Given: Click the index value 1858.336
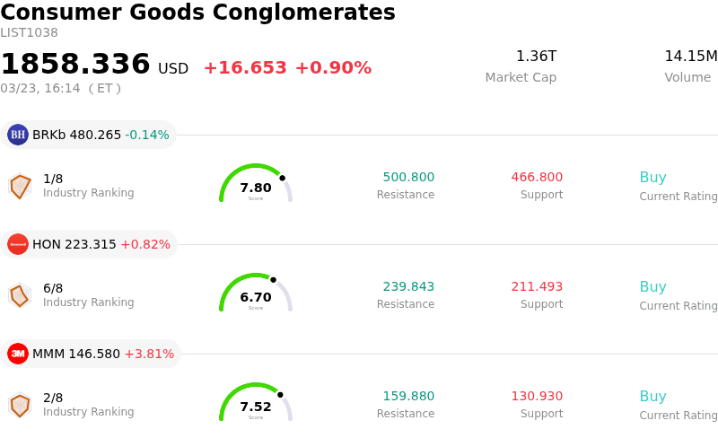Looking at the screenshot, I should [75, 65].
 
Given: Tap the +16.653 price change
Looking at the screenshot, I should [245, 68].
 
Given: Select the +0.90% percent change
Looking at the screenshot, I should [333, 68].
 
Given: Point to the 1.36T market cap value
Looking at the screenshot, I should [536, 57].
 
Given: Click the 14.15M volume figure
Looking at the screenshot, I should [690, 57].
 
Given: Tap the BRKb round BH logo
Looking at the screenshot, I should [18, 135].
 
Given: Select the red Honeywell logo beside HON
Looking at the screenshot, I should [18, 244].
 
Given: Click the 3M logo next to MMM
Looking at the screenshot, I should [18, 354].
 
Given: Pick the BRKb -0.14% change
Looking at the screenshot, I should [147, 136].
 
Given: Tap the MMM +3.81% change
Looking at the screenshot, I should [149, 355].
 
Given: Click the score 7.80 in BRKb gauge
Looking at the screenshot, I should [256, 188].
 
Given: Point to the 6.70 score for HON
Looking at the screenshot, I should [256, 297].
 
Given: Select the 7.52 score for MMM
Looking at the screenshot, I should [256, 407].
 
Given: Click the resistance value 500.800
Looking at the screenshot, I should [408, 178].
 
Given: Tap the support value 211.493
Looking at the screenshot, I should [537, 287].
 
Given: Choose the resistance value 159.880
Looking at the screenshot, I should [408, 397].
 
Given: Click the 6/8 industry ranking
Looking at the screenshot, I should [53, 288].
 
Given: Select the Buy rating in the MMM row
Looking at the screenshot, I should [652, 397].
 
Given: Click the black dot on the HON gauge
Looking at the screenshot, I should [273, 280].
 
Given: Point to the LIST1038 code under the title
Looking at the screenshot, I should [29, 33].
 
